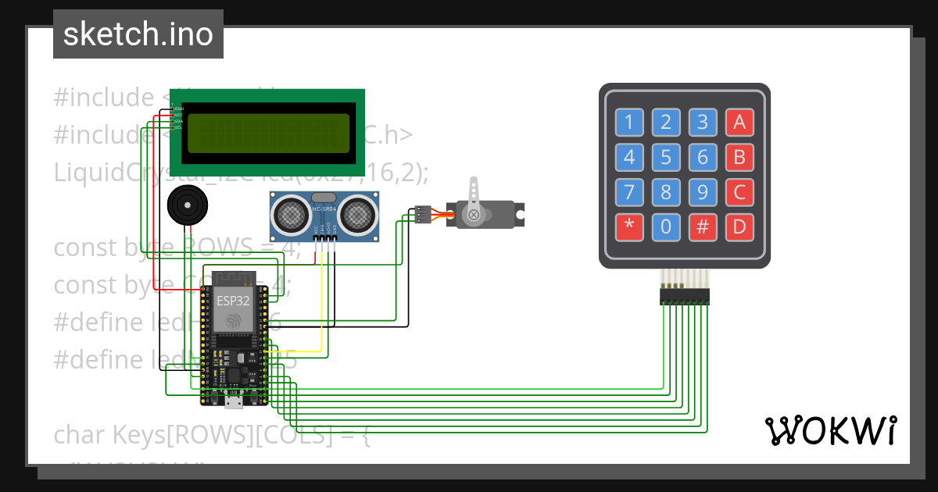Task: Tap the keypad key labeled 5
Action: (x=666, y=159)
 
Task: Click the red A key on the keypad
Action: (x=739, y=122)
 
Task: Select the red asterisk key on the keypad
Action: (x=629, y=227)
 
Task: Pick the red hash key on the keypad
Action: (x=703, y=227)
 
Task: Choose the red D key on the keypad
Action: (x=739, y=227)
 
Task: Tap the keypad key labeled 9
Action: (x=703, y=193)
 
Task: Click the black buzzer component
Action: (x=187, y=205)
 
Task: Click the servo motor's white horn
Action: (x=474, y=201)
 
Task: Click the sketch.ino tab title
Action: (x=138, y=34)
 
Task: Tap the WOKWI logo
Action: (x=830, y=430)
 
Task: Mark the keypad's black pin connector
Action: (x=684, y=297)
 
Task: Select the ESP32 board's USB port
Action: (x=233, y=402)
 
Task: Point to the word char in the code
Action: (x=80, y=435)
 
